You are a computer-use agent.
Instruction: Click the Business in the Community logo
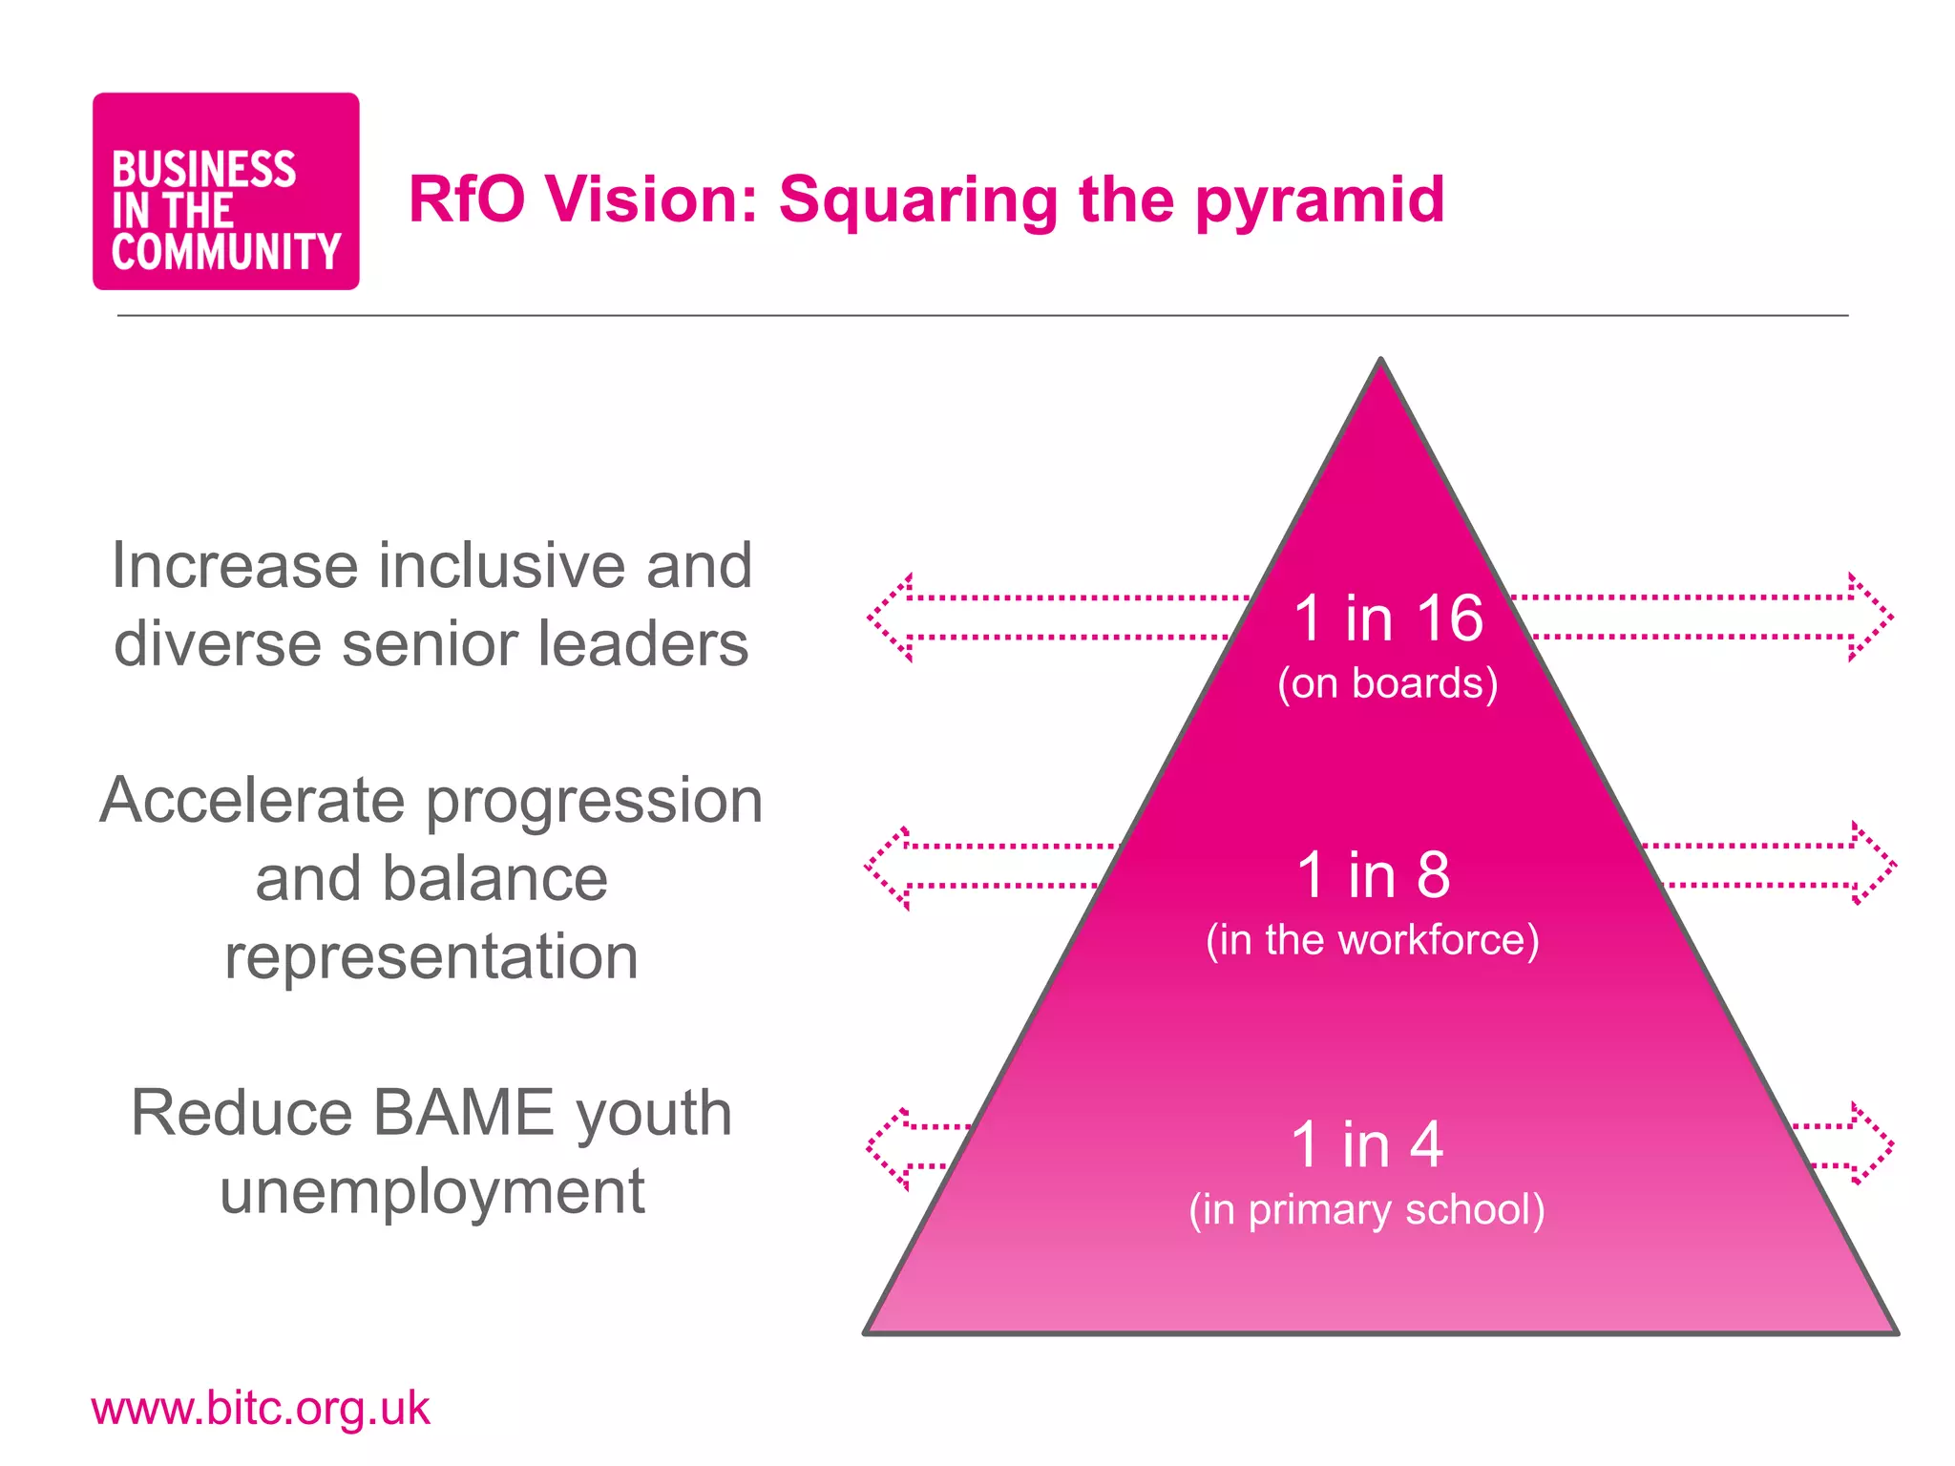click(225, 192)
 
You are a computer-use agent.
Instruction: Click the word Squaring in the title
click(917, 200)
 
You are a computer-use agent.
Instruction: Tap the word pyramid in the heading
click(1319, 200)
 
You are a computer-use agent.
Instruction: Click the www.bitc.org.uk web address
click(261, 1409)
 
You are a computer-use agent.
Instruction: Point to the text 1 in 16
click(1388, 618)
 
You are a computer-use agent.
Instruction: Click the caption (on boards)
click(1388, 683)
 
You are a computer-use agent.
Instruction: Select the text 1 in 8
click(1373, 874)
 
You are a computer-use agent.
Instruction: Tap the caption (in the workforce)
click(1373, 940)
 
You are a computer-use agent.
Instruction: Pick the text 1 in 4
click(1367, 1144)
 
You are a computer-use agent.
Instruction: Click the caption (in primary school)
click(1367, 1209)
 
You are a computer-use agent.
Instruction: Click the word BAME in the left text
click(463, 1113)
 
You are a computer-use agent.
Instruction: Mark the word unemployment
click(432, 1192)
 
